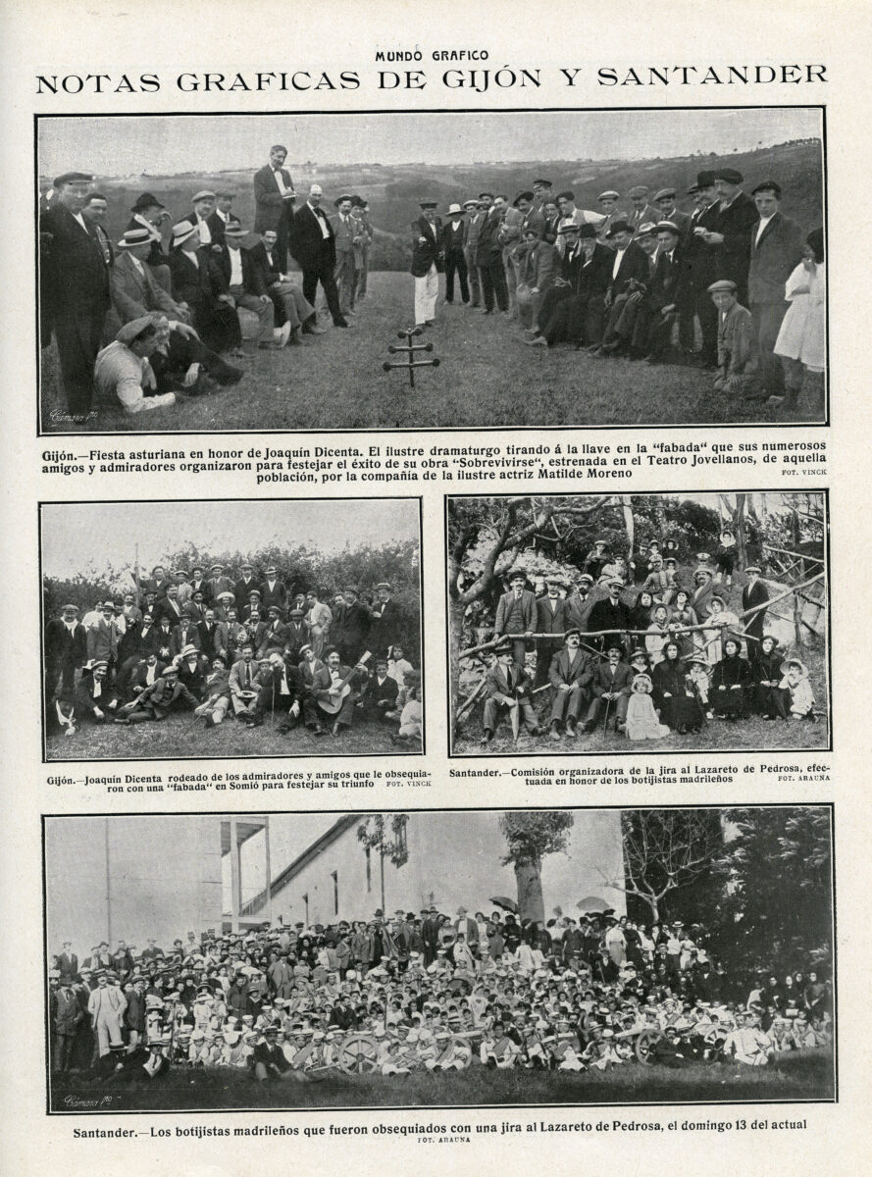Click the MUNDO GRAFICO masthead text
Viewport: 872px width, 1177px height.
click(x=432, y=56)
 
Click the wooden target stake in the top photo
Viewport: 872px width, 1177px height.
click(x=411, y=357)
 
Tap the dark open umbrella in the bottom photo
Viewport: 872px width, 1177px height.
click(x=503, y=904)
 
